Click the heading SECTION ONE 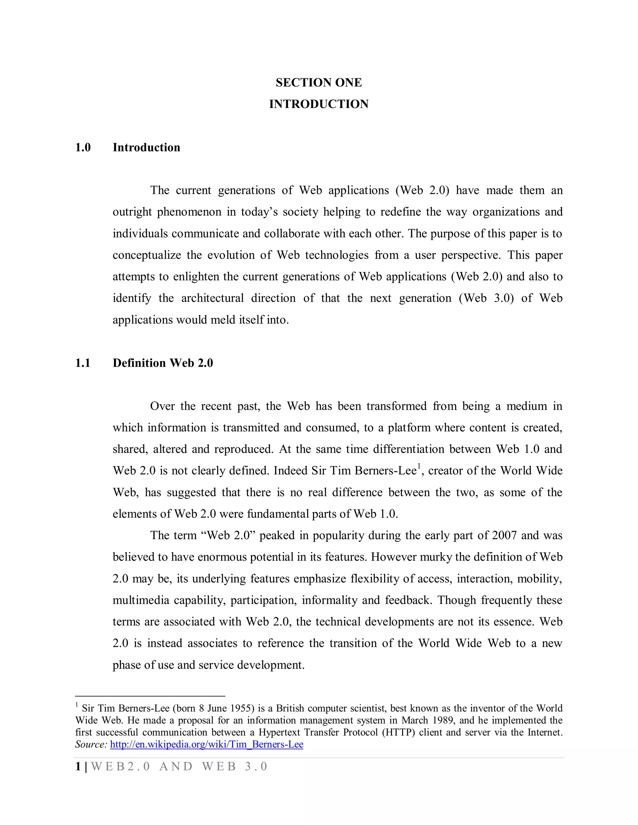pos(319,82)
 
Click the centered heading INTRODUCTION pos(319,104)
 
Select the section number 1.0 pos(83,147)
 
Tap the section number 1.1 pos(83,363)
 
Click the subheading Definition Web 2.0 pos(163,363)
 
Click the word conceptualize pos(147,255)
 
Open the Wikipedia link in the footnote pos(206,745)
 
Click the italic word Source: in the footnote pos(91,745)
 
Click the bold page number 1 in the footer pos(78,766)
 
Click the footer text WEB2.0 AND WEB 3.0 pos(179,766)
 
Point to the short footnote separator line pos(150,696)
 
